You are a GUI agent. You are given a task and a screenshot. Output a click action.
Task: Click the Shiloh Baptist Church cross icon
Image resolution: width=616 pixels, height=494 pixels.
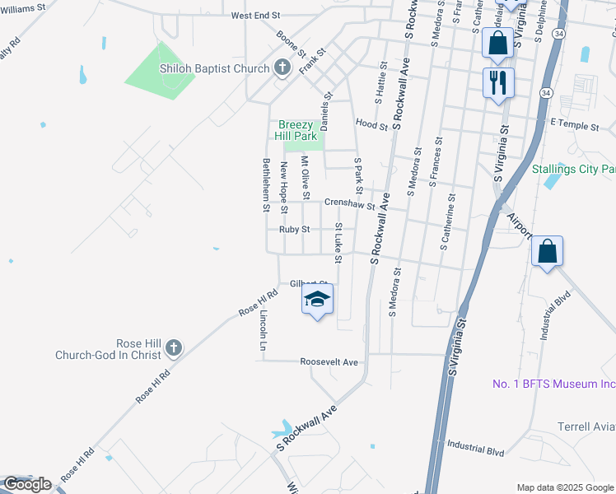coord(282,68)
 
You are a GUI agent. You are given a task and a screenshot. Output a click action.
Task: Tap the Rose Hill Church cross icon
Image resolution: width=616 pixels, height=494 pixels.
coord(173,348)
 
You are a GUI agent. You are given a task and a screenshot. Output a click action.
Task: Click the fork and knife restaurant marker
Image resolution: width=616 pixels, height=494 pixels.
coord(498,83)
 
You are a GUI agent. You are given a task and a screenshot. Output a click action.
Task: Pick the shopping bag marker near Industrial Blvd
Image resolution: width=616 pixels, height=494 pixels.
coord(547,252)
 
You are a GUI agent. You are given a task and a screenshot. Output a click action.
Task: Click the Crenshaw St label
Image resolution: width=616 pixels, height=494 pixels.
coord(349,203)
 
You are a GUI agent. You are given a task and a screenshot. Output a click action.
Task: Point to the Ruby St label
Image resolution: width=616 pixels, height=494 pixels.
coord(294,230)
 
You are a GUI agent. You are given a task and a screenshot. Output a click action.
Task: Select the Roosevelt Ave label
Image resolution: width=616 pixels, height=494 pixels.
coord(329,361)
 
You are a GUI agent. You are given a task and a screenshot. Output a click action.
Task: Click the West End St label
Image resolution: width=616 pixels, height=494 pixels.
coord(256,16)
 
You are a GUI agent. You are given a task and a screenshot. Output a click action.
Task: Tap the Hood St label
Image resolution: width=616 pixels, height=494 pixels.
coord(371,125)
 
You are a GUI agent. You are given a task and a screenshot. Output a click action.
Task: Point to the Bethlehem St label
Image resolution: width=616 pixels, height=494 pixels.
coord(266,184)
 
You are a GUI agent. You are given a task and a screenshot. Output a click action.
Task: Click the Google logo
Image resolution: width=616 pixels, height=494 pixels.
coord(27,483)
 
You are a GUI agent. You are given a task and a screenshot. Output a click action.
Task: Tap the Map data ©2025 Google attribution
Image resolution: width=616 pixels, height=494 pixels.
coord(564,487)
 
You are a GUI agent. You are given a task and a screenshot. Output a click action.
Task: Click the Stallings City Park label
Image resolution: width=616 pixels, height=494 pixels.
coord(573,169)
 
